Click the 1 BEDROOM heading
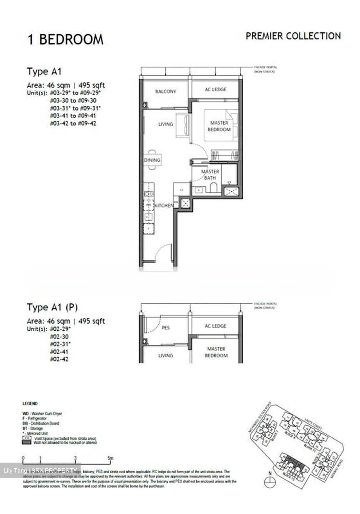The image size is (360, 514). (66, 39)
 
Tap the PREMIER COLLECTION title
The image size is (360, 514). (293, 36)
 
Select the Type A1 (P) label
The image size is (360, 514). (52, 307)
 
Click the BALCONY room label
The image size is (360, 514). (165, 91)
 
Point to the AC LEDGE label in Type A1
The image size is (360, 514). (215, 90)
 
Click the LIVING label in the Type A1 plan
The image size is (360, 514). (166, 124)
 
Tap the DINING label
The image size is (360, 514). (152, 160)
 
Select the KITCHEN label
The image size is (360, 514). (164, 206)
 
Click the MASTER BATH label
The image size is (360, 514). (210, 175)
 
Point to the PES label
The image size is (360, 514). (166, 328)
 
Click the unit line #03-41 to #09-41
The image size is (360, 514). (73, 116)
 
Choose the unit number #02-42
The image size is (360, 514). (59, 359)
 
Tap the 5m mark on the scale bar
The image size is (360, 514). (110, 458)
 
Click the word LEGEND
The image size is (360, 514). (30, 404)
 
